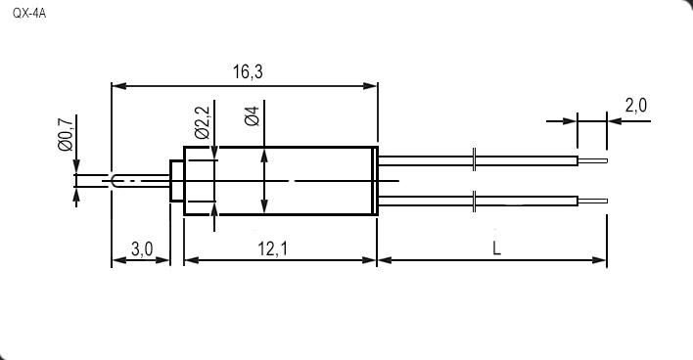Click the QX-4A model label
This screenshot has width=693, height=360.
(29, 14)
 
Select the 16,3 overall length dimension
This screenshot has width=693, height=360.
(248, 71)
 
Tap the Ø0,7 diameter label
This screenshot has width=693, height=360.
(65, 134)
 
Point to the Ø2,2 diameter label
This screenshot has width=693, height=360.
(202, 122)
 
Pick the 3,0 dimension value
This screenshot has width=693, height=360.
(142, 249)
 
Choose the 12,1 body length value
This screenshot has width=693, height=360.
(273, 249)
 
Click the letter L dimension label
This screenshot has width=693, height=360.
(497, 249)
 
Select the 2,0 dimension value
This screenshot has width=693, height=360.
(636, 106)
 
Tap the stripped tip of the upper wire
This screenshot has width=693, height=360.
(593, 160)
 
